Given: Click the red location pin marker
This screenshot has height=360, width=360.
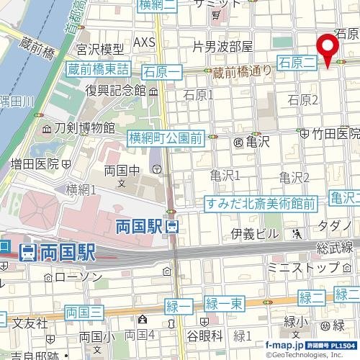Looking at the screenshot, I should click(330, 48).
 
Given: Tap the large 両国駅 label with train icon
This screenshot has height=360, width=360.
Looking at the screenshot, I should click(58, 252).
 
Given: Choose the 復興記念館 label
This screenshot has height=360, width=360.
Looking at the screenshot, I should click(115, 91).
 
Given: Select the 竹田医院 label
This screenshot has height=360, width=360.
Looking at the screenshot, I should click(335, 133).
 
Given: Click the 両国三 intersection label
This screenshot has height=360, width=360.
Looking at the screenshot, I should click(84, 312).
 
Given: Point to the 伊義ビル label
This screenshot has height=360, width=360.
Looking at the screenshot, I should click(255, 233).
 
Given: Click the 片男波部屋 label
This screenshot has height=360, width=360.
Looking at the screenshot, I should click(223, 47).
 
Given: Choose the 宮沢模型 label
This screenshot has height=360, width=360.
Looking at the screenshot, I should click(100, 50).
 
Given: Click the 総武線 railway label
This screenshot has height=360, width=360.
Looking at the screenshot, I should click(336, 248).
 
